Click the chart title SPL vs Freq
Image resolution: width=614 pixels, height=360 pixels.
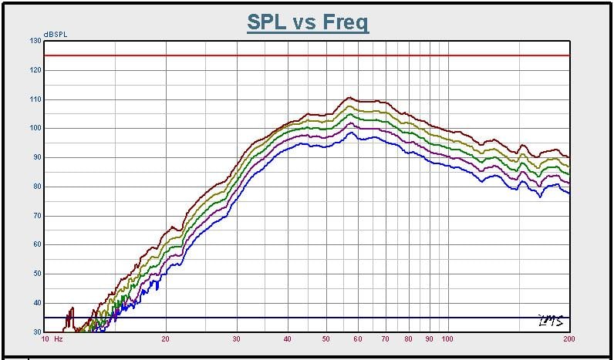tap(308, 22)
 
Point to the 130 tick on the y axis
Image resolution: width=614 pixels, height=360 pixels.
tap(35, 41)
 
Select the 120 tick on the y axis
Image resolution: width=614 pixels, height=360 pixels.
tap(35, 70)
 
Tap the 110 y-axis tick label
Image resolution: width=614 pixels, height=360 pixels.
tap(35, 99)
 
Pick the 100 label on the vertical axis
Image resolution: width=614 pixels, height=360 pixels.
tap(35, 128)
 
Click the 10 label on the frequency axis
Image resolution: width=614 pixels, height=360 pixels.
tap(46, 338)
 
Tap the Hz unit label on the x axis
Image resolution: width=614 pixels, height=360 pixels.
tap(59, 338)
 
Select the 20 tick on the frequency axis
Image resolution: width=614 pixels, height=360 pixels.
tap(166, 338)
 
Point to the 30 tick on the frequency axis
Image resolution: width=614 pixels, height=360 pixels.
tap(236, 338)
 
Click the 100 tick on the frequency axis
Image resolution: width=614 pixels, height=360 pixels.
tap(447, 338)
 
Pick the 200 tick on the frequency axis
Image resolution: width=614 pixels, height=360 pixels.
tap(568, 338)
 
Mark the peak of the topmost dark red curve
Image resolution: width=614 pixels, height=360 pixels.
tap(349, 98)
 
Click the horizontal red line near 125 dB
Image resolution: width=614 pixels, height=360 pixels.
tap(309, 56)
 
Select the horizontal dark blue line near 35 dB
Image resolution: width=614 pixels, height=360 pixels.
tap(309, 318)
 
